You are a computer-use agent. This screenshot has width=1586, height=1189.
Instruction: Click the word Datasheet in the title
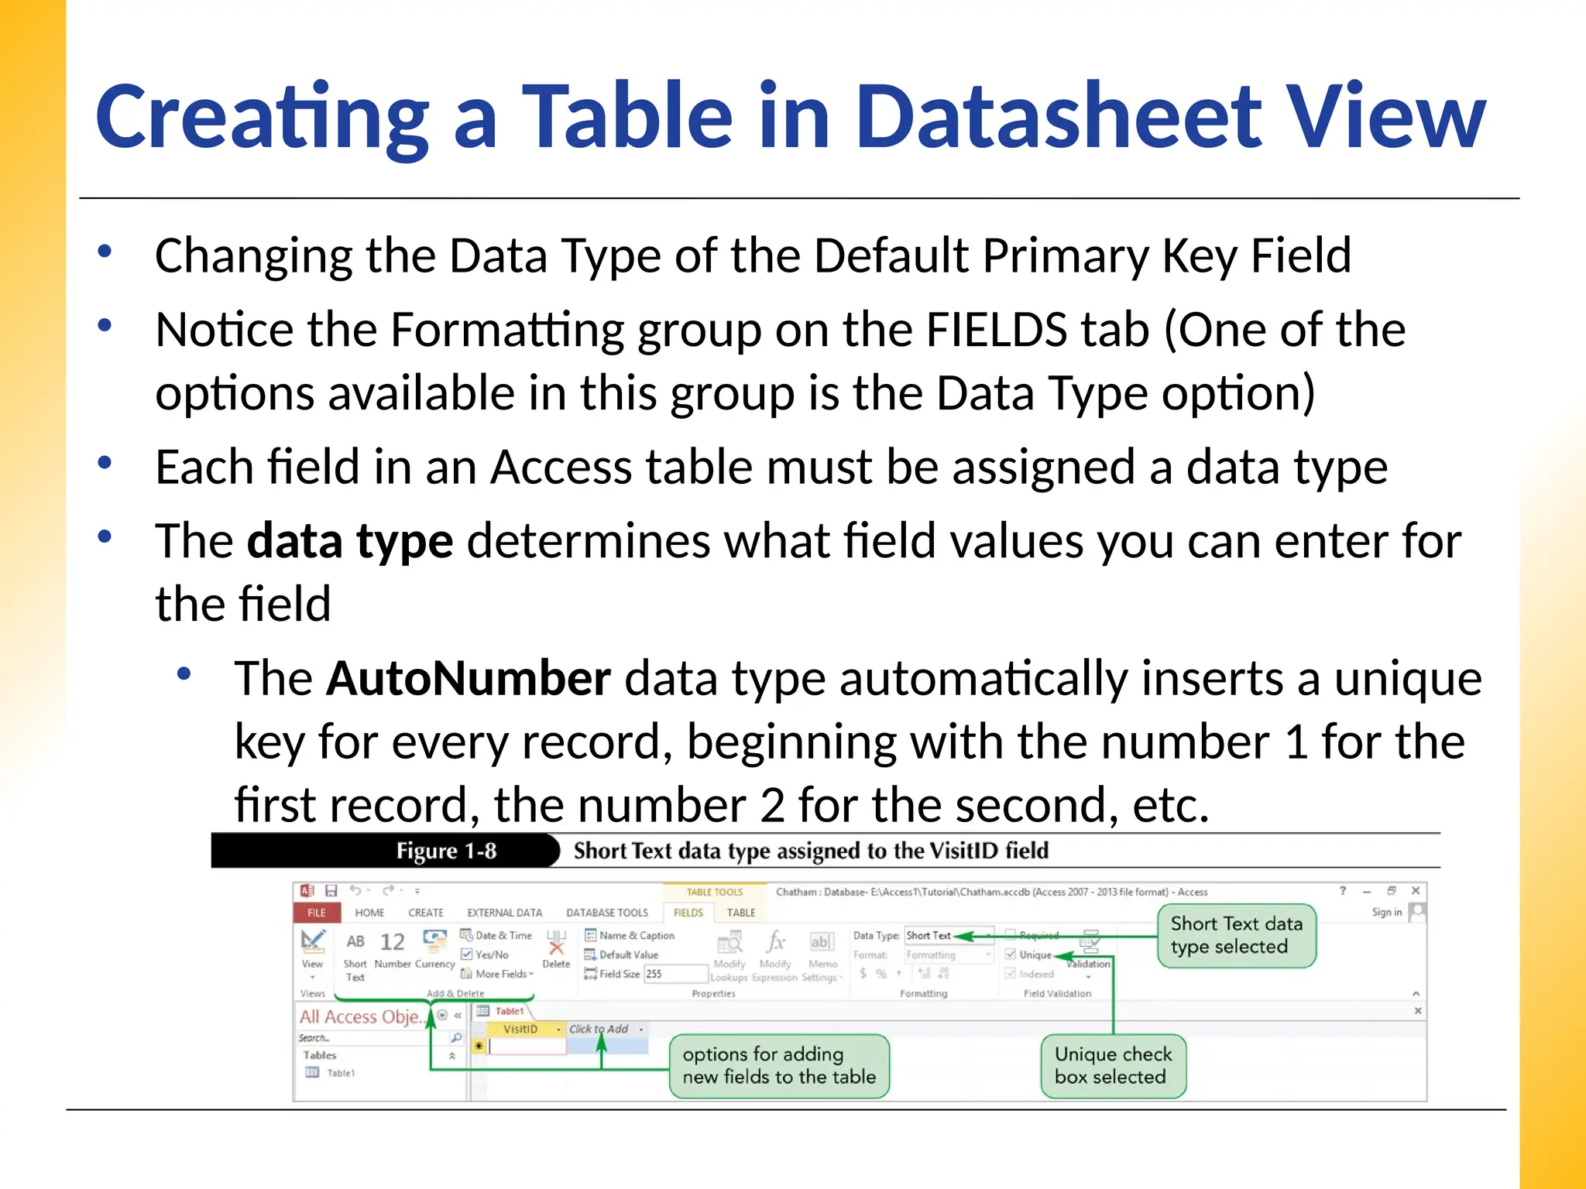coord(1061,116)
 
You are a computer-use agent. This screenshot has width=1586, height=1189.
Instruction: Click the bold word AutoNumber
coord(469,679)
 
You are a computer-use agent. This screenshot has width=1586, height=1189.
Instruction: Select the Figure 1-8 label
coord(446,851)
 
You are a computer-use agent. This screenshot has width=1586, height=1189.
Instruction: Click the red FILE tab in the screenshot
coord(317,913)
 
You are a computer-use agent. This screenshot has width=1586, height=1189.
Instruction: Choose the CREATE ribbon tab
coord(426,913)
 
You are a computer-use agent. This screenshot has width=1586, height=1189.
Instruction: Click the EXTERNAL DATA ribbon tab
coord(504,913)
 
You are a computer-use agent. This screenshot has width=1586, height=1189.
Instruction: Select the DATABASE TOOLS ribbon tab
coord(606,913)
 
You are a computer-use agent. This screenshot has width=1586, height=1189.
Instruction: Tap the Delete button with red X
coord(556,949)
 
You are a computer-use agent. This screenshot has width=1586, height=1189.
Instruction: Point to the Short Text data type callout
coord(1236,935)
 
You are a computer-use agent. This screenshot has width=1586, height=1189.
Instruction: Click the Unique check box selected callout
coord(1113,1065)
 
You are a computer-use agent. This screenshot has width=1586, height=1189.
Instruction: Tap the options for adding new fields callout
coord(778,1065)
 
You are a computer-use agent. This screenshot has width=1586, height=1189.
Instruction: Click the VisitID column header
coord(520,1029)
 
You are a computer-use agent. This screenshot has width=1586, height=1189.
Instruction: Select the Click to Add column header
coord(599,1029)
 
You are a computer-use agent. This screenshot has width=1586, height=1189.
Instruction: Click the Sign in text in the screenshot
coord(1386,912)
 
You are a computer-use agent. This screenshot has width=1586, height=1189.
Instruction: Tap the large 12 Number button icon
coord(392,942)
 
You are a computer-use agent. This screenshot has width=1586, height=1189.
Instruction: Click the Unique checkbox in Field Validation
coord(1011,954)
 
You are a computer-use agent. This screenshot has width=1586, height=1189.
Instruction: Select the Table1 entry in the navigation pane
coord(340,1073)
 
